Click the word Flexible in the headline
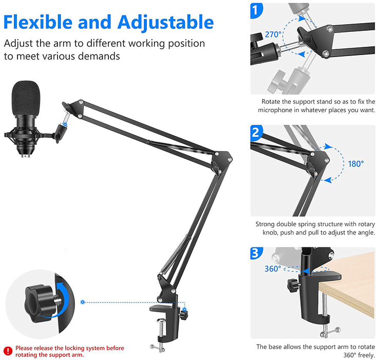38,22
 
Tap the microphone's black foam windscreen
26,98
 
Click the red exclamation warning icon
8,351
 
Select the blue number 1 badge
256,10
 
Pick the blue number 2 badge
256,132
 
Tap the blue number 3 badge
256,253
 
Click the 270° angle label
273,34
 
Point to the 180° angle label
356,164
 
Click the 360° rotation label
273,269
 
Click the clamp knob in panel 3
293,285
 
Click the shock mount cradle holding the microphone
24,137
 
